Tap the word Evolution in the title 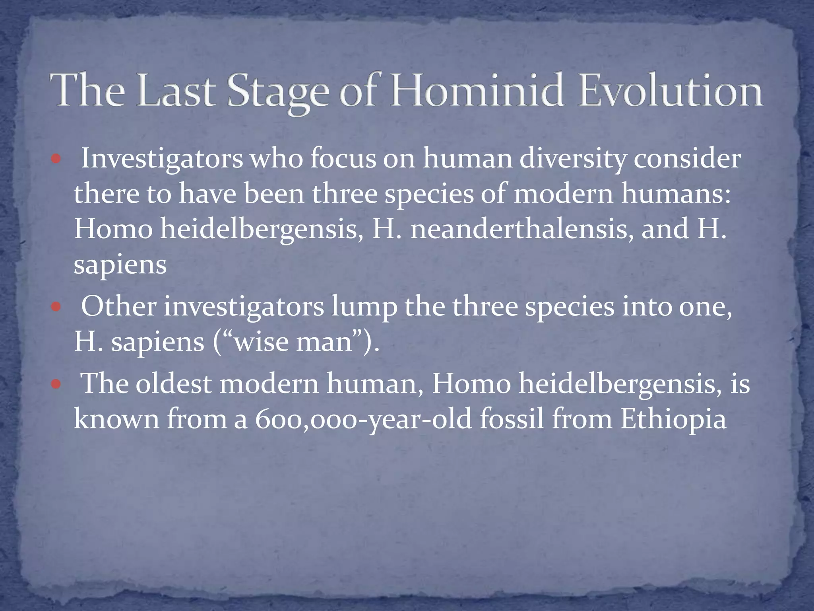671,91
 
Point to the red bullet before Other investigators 56,307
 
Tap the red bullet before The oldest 56,384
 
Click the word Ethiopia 673,420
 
